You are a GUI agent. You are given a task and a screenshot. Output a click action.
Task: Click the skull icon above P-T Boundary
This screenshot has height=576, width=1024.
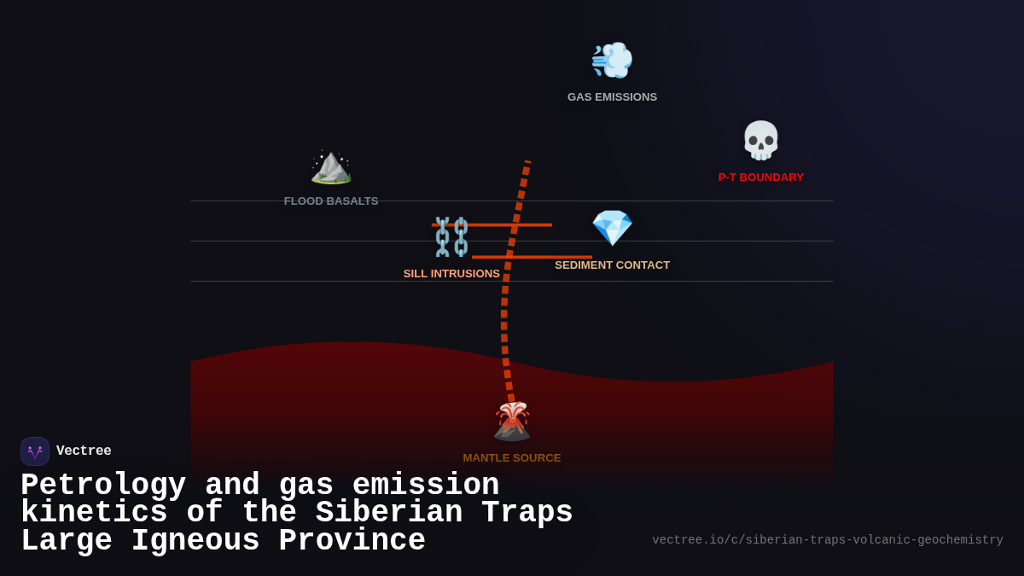pyautogui.click(x=760, y=140)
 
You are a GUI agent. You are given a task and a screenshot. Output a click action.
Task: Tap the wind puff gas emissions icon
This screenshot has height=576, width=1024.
pyautogui.click(x=612, y=60)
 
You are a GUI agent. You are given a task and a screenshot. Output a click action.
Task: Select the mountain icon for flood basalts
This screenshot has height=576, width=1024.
pyautogui.click(x=331, y=166)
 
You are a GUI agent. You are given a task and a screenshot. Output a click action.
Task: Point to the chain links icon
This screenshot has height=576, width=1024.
pyautogui.click(x=451, y=237)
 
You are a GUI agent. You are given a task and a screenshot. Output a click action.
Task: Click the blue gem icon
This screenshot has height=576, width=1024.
pyautogui.click(x=612, y=228)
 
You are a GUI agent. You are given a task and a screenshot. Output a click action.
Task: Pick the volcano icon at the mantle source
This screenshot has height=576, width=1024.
pyautogui.click(x=512, y=421)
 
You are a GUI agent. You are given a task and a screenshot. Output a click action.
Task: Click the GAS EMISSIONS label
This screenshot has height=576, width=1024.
pyautogui.click(x=612, y=97)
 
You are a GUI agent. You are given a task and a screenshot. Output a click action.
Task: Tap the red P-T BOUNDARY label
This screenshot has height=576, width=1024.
pyautogui.click(x=760, y=177)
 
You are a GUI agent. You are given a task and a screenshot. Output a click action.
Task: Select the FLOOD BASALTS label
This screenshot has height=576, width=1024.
pyautogui.click(x=331, y=201)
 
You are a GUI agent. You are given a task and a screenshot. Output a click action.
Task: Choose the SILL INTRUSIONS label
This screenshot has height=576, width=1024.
pyautogui.click(x=451, y=274)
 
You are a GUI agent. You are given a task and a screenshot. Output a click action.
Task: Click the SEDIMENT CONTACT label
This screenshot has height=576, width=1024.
pyautogui.click(x=612, y=265)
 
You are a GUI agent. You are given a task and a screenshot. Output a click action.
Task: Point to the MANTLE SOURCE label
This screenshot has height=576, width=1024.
pyautogui.click(x=512, y=458)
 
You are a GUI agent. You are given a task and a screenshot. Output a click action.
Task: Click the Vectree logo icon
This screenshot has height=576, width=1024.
pyautogui.click(x=35, y=451)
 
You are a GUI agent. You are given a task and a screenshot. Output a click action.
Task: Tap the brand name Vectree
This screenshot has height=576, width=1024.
pyautogui.click(x=84, y=451)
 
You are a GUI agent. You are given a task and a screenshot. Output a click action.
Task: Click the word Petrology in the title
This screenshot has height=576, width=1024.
pyautogui.click(x=103, y=486)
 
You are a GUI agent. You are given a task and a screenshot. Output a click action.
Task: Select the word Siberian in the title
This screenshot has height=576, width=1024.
pyautogui.click(x=388, y=513)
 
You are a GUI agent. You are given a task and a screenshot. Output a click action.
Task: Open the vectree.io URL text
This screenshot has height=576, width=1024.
pyautogui.click(x=827, y=540)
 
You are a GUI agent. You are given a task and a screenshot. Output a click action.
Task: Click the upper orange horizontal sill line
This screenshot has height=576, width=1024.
pyautogui.click(x=529, y=224)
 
